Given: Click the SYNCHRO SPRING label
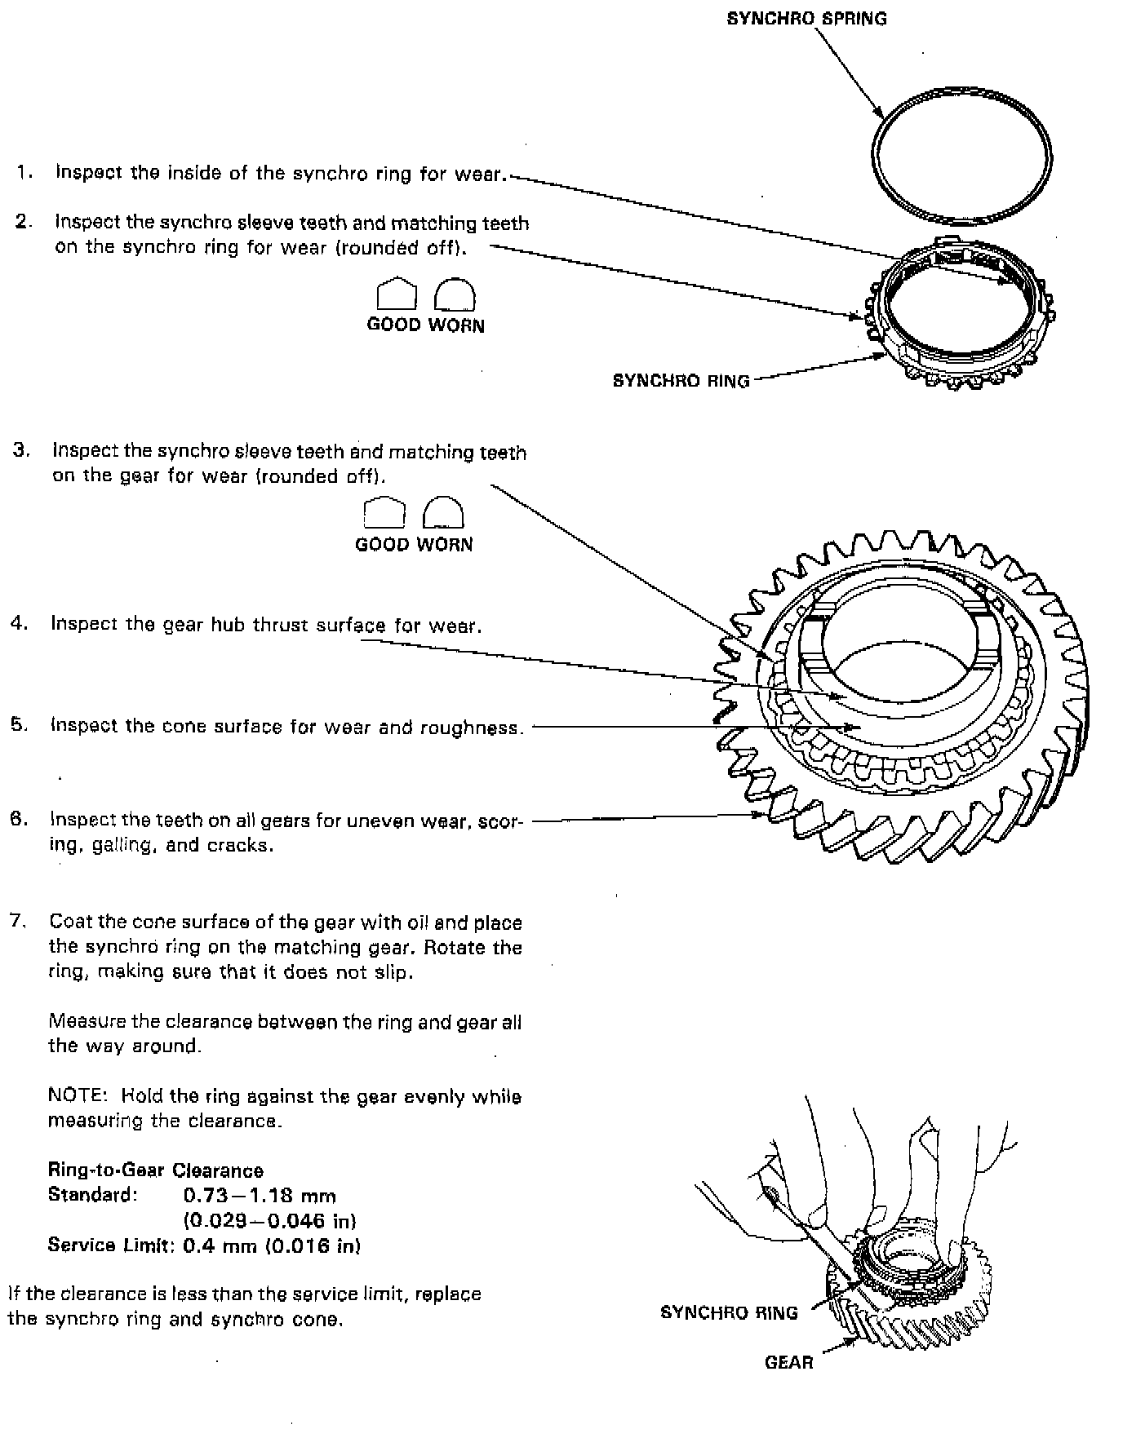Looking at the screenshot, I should click(x=806, y=18).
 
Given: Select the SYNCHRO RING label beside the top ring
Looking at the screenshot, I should click(x=681, y=380).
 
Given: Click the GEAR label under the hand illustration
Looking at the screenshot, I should click(x=788, y=1361).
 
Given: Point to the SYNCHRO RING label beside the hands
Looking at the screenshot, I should click(x=728, y=1312).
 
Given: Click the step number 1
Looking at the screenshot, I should click(x=24, y=172).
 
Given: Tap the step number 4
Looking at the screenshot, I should click(x=19, y=624).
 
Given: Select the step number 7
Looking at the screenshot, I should click(x=18, y=921).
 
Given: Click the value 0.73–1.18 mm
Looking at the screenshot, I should click(x=260, y=1196).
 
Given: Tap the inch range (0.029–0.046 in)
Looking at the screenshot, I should click(x=269, y=1220).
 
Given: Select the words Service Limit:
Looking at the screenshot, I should click(x=111, y=1245).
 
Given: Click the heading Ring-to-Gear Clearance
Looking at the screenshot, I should click(x=155, y=1170).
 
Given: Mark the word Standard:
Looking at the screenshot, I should click(x=92, y=1195).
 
